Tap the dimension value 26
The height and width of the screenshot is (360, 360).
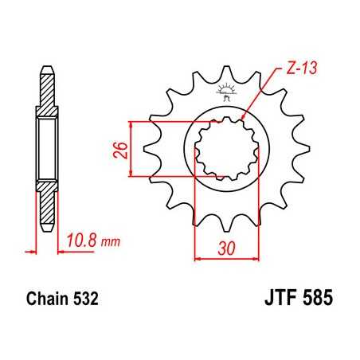pos(117,149)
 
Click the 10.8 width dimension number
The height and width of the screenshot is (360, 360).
pos(80,237)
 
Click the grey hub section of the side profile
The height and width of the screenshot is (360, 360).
pos(47,147)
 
